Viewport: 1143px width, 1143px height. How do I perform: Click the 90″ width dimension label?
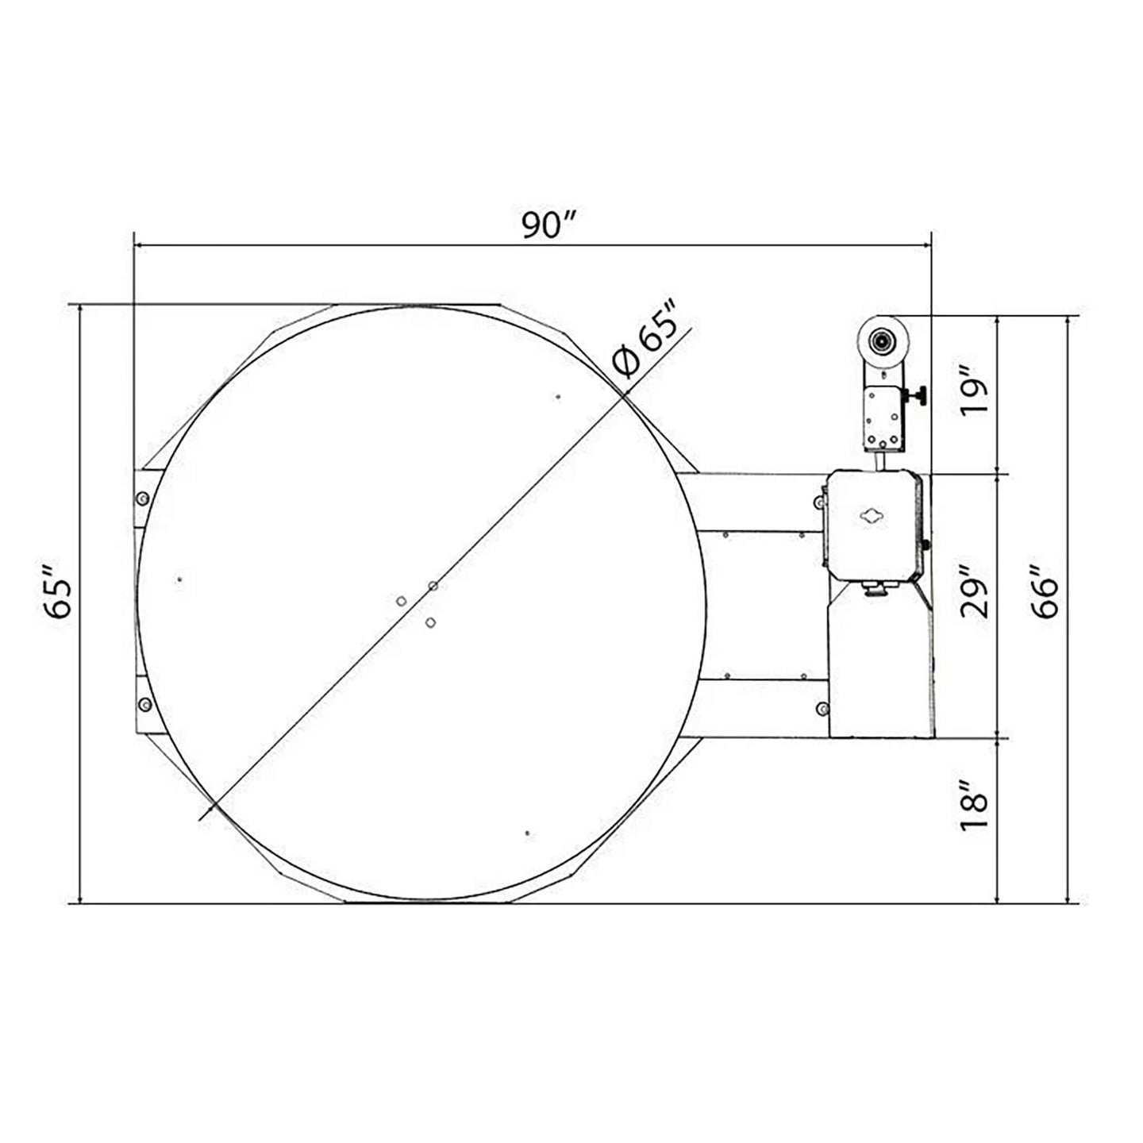coord(549,225)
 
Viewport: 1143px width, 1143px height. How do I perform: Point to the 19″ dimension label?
coord(976,391)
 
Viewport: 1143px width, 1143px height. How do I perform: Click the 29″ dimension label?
coord(976,594)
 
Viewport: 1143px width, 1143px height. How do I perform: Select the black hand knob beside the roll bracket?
coord(917,395)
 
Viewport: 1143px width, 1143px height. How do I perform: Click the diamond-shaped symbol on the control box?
coord(873,516)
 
